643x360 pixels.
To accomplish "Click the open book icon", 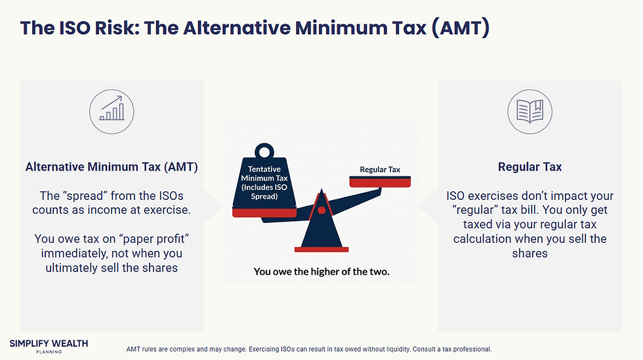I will pyautogui.click(x=529, y=110).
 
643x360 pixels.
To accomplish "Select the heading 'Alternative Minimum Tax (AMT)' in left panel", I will pyautogui.click(x=112, y=167).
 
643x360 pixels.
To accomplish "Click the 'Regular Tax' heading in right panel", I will pyautogui.click(x=529, y=167).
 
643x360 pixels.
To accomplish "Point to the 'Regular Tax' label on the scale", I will pyautogui.click(x=380, y=170).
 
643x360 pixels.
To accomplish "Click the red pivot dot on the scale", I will pyautogui.click(x=321, y=210).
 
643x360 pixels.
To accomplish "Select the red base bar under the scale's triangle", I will pyautogui.click(x=321, y=249).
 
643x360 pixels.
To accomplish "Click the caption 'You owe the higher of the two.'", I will pyautogui.click(x=321, y=271).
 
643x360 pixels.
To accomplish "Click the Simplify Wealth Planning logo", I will pyautogui.click(x=49, y=346).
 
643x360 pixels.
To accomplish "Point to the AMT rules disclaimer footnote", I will pyautogui.click(x=308, y=349).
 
